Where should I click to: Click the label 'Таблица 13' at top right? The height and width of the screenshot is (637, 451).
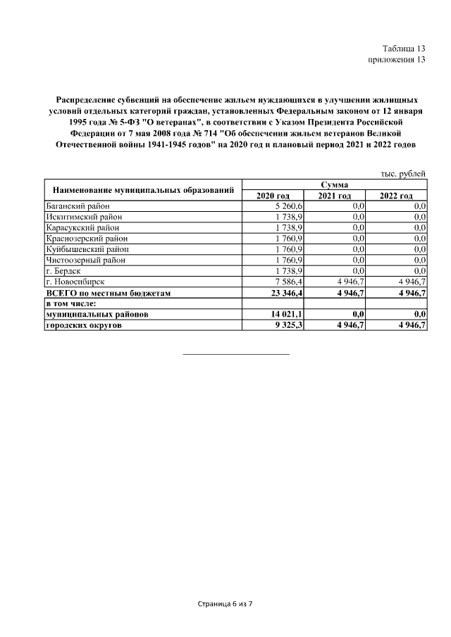(x=404, y=49)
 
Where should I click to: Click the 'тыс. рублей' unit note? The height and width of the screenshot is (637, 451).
(x=402, y=172)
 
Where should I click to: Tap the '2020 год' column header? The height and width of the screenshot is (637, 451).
(x=273, y=195)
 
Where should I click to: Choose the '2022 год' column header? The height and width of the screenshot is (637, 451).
(x=396, y=195)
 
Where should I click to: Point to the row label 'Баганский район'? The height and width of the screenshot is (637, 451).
(x=76, y=206)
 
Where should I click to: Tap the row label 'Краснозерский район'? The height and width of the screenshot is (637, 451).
(x=84, y=238)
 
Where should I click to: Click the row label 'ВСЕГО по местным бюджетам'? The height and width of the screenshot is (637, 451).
(x=108, y=292)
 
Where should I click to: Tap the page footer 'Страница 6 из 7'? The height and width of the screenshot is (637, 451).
(x=225, y=604)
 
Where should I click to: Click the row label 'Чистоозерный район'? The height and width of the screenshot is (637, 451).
(x=84, y=260)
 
